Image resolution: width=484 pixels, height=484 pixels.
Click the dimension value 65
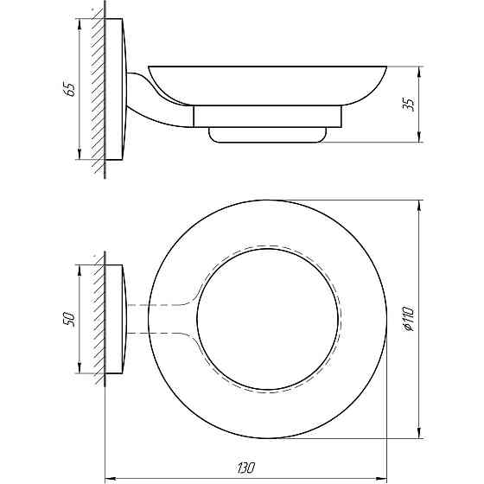coord(70,88)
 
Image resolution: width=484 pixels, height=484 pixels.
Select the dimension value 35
coord(410,103)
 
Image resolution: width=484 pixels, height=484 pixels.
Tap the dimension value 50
coord(70,318)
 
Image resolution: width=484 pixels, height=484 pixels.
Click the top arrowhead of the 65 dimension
coord(80,22)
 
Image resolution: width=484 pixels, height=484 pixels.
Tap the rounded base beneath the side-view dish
coord(269,134)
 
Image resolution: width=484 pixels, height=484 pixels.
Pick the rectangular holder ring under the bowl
coord(269,117)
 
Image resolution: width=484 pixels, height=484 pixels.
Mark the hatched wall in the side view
coord(99,86)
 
